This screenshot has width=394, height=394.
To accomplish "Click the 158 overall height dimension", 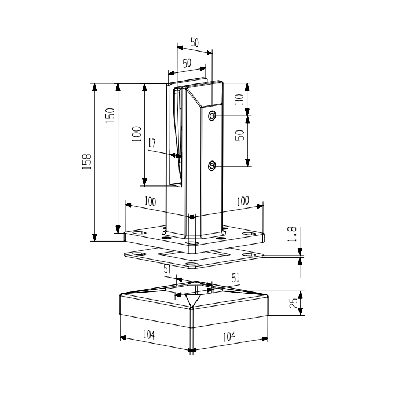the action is (x=87, y=161).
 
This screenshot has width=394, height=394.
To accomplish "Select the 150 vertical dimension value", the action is (x=110, y=115).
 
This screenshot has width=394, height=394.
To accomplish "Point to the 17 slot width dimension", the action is (x=152, y=143).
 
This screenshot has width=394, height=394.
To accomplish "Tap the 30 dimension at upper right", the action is (x=239, y=99).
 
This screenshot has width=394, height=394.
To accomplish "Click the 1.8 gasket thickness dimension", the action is (x=292, y=234).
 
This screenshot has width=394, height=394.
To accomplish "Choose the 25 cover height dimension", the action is (x=294, y=303).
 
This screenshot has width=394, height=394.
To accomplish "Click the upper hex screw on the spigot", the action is (x=212, y=116).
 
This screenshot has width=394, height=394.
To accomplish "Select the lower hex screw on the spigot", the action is (x=212, y=166).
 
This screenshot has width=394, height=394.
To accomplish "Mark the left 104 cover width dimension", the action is (x=149, y=335).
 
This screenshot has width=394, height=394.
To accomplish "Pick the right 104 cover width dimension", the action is (x=229, y=336).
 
